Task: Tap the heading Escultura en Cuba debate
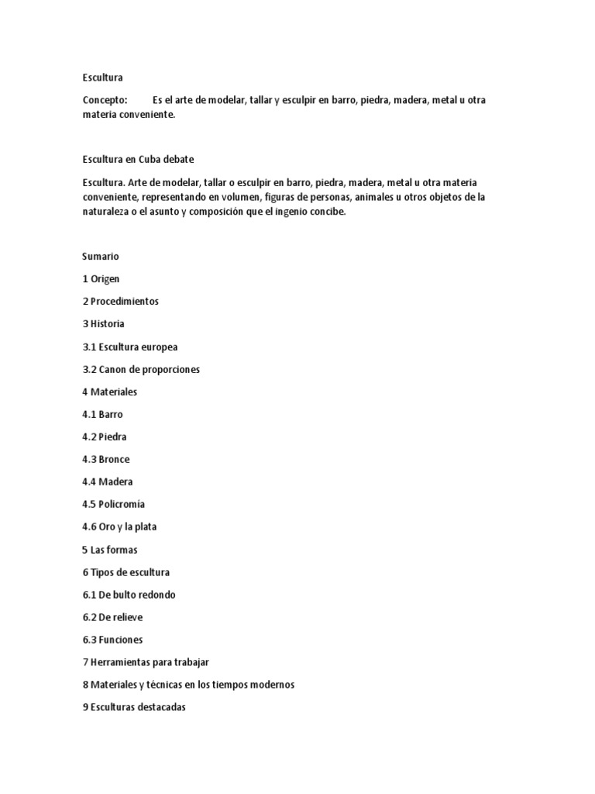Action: (x=138, y=160)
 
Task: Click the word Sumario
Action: (x=100, y=256)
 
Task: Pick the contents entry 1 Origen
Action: (x=101, y=278)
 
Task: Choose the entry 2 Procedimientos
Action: (x=120, y=301)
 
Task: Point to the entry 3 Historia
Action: (x=103, y=323)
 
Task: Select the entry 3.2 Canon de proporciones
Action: (x=140, y=369)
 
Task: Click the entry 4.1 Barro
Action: (x=102, y=414)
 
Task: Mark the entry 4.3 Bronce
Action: (x=106, y=459)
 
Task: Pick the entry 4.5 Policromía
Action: (x=113, y=504)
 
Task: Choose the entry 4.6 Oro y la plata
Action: (x=119, y=526)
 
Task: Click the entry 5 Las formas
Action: (x=109, y=550)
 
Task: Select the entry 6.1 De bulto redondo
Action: (x=129, y=595)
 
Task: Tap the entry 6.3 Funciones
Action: (x=112, y=640)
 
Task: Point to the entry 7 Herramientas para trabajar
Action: (x=146, y=662)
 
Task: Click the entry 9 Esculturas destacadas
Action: (x=134, y=707)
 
